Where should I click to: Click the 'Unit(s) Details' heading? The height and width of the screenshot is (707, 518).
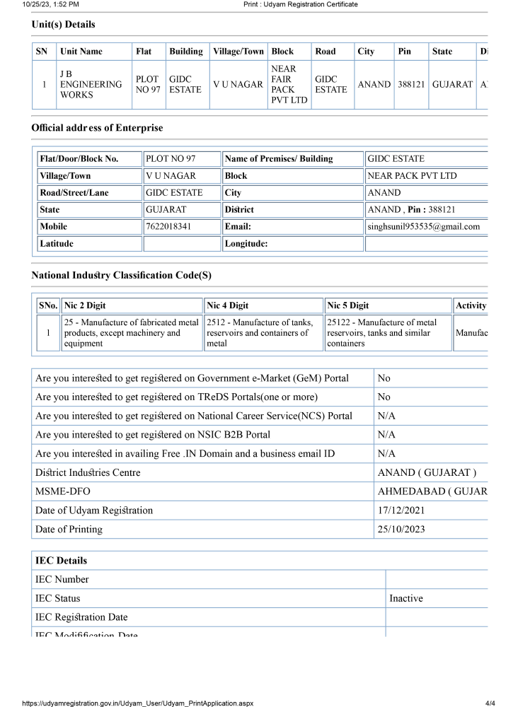pyautogui.click(x=63, y=25)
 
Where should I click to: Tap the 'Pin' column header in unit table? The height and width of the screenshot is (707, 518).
pyautogui.click(x=404, y=52)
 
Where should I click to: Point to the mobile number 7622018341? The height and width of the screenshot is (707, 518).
pyautogui.click(x=168, y=227)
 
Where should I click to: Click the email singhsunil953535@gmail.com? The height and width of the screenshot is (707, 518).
pyautogui.click(x=423, y=227)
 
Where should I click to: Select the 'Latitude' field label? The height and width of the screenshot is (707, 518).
pyautogui.click(x=57, y=244)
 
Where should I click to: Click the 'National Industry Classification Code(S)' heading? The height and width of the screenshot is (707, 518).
pyautogui.click(x=121, y=275)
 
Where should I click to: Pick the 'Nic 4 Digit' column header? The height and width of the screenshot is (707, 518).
pyautogui.click(x=228, y=306)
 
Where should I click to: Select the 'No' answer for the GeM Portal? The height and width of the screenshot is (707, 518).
pyautogui.click(x=384, y=378)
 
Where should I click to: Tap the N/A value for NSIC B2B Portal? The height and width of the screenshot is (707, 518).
pyautogui.click(x=386, y=435)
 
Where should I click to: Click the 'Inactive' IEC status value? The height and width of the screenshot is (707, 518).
pyautogui.click(x=406, y=598)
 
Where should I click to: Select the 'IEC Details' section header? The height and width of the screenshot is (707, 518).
pyautogui.click(x=62, y=561)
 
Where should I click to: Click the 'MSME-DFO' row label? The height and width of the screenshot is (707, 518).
pyautogui.click(x=63, y=491)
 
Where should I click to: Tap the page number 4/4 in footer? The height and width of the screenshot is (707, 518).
pyautogui.click(x=490, y=703)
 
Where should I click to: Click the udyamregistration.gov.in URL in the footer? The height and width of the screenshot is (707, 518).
pyautogui.click(x=138, y=703)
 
